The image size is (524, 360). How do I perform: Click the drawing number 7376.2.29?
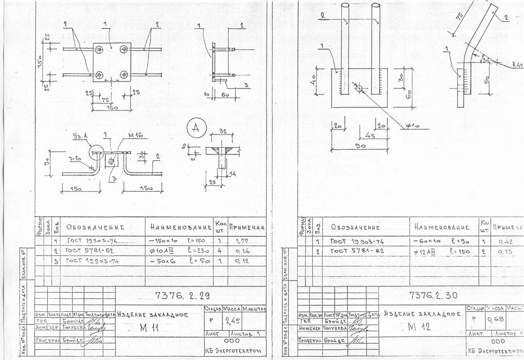tap(182, 295)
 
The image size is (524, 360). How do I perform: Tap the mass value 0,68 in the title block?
tap(494, 320)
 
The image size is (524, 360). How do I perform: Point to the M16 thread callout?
tap(135, 135)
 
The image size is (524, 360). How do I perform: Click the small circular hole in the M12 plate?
tap(359, 89)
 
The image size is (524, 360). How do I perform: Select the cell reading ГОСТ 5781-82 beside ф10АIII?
tap(89, 252)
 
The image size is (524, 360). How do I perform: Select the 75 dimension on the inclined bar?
tap(458, 16)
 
